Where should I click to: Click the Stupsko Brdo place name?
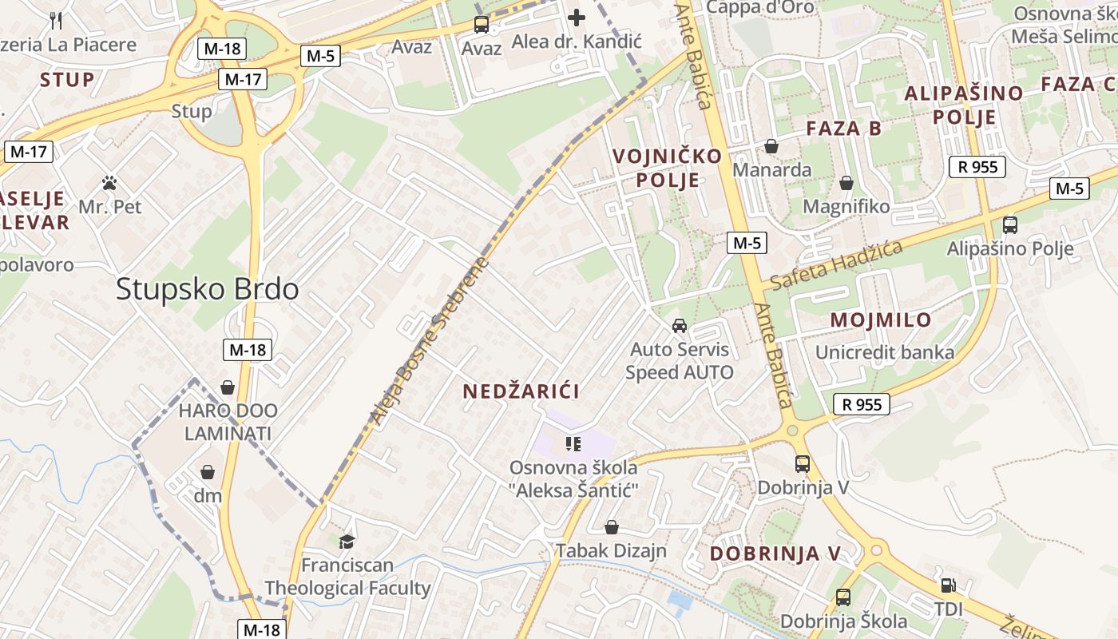208,289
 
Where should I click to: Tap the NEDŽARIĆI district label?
521,391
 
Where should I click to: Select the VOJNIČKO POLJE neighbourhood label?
668,168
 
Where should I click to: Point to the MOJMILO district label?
881,320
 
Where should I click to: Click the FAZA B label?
844,129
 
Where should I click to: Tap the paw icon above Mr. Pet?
110,184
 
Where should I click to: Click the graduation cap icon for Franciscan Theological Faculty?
347,542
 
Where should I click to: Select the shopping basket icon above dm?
208,472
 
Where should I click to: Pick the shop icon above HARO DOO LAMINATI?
228,387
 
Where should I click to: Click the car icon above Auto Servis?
679,326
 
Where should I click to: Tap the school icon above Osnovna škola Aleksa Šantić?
573,443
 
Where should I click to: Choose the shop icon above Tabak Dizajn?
612,527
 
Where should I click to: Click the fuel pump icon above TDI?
948,585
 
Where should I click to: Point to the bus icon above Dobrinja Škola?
842,597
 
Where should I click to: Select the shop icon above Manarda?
771,146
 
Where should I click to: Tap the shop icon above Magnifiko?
846,184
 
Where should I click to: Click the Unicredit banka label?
885,352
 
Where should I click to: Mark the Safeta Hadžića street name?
837,264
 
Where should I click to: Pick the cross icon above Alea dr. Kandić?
577,18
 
